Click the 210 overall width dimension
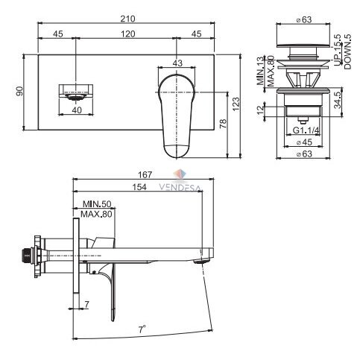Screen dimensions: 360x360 tap(127, 19)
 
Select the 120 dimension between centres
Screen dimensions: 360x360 tap(128, 34)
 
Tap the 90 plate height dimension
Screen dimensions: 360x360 tap(19, 91)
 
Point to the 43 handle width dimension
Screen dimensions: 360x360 tap(177, 63)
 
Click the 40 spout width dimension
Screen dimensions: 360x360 tap(77, 110)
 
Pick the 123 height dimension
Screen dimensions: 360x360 tap(236, 104)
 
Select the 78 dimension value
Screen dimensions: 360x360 tap(224, 124)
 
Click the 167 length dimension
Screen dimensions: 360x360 tap(145, 175)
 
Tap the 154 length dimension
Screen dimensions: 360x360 tap(139, 187)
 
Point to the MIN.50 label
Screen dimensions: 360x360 tap(97, 204)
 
